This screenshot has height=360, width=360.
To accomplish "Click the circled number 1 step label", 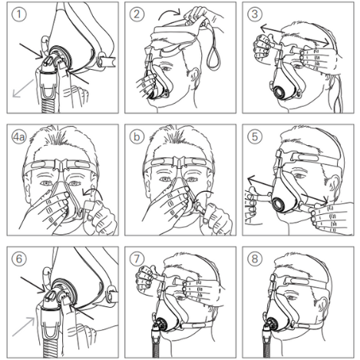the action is (19, 14).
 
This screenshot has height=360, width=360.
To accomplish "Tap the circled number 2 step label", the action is (137, 14).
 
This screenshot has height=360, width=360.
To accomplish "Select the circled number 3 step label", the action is (255, 14).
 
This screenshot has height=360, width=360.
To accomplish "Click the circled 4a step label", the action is (19, 137).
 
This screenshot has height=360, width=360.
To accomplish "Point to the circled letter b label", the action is (137, 137).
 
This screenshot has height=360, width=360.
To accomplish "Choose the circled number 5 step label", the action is (255, 137).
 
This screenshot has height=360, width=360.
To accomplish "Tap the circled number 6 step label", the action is (19, 259).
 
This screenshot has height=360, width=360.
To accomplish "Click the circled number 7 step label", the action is (137, 259).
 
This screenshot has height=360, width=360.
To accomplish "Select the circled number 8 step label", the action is (255, 259).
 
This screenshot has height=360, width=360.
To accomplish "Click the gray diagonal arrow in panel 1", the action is (23, 88).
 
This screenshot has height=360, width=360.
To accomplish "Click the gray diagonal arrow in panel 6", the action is (24, 326).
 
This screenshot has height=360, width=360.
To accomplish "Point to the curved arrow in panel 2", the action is (169, 13).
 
